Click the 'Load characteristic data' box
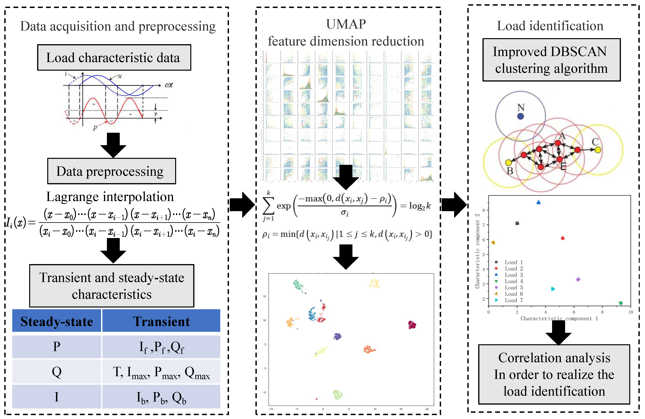(114, 58)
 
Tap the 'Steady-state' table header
(57, 321)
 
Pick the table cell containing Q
(57, 372)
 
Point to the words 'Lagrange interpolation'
(110, 197)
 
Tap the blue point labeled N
(520, 116)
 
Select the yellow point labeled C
(598, 150)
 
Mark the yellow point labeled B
(508, 163)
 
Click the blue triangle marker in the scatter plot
(538, 202)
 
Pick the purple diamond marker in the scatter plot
(578, 279)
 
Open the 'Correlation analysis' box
(554, 374)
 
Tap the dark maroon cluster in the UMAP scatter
(412, 325)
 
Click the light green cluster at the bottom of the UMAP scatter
(337, 394)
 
